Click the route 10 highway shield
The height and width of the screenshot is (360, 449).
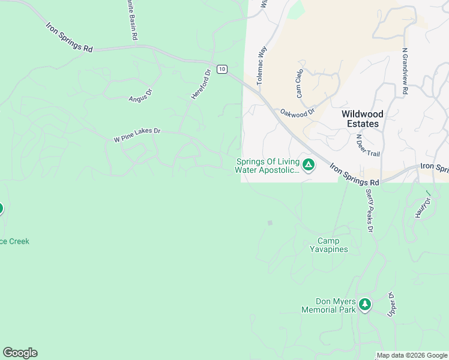(222, 70)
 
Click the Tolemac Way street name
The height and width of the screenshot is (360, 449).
(261, 66)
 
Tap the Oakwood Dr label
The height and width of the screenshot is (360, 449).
(298, 112)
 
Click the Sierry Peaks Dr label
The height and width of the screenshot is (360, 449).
(369, 211)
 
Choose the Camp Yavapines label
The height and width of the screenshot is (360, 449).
(333, 245)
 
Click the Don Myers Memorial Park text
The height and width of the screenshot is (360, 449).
(336, 306)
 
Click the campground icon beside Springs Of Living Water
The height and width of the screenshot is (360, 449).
(309, 165)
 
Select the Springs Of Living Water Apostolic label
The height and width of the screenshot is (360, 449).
(267, 166)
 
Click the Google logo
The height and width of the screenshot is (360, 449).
(20, 353)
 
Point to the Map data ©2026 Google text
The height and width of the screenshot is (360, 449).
(412, 355)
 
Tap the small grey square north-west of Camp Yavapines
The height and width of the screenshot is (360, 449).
(270, 223)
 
